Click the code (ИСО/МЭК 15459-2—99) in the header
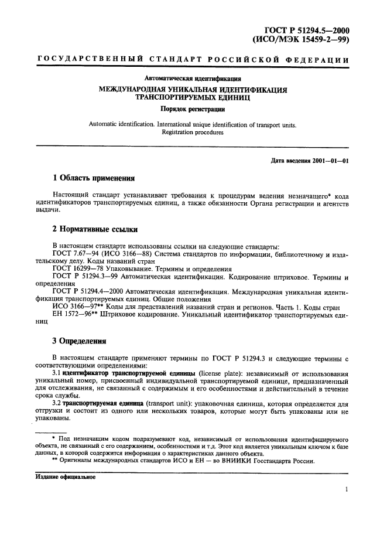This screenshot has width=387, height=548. [x=300, y=40]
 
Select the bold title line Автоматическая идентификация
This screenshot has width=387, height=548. [x=193, y=79]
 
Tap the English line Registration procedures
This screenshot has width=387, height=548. [x=193, y=132]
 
